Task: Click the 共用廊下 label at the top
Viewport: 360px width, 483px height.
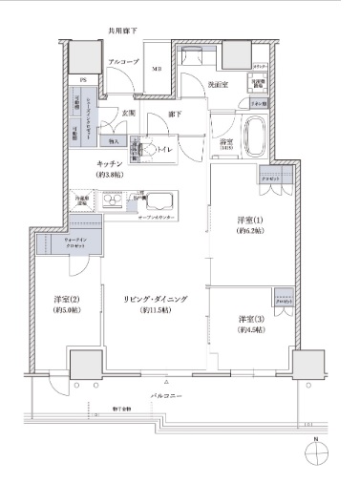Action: click(121, 31)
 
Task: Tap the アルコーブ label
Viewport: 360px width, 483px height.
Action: click(123, 61)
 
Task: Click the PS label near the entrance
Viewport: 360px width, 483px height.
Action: click(83, 80)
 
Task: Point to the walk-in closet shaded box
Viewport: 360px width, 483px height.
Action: click(64, 244)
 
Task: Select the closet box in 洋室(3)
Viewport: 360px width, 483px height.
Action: click(282, 297)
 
